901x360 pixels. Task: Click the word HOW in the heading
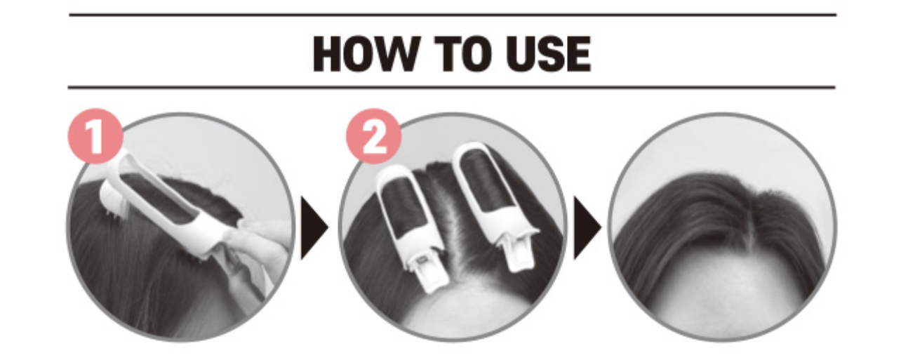(x=365, y=54)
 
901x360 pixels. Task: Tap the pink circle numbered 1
(x=95, y=136)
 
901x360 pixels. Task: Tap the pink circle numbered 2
(x=374, y=136)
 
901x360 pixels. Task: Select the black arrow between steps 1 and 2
(x=314, y=228)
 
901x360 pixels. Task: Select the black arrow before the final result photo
(x=587, y=228)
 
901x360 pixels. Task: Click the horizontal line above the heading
(x=453, y=15)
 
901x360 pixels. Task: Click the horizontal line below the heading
(x=451, y=87)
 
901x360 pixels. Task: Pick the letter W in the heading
(x=396, y=54)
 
